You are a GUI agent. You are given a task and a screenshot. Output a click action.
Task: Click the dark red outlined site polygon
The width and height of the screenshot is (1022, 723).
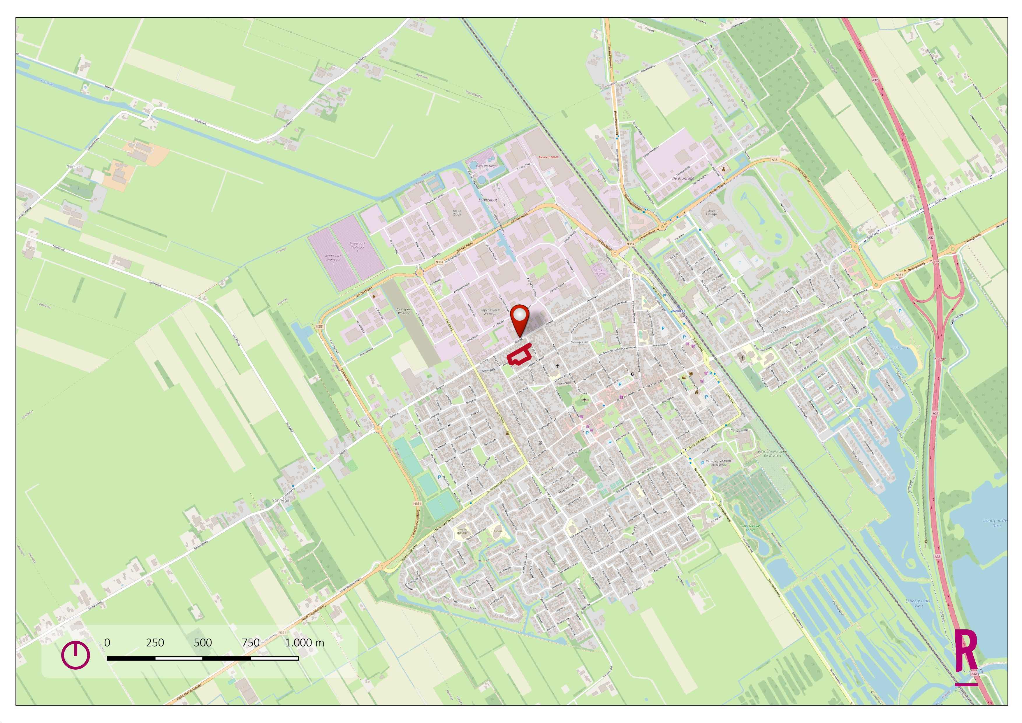coord(520,355)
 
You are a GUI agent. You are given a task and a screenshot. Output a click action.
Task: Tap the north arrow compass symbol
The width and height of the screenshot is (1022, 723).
coord(75,654)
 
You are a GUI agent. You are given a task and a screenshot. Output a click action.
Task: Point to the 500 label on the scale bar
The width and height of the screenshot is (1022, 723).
coord(203,643)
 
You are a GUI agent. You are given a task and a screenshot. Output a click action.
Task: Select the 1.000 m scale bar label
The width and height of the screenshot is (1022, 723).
coord(305,643)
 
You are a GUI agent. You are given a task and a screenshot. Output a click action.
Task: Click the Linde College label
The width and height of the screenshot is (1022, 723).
coord(711,212)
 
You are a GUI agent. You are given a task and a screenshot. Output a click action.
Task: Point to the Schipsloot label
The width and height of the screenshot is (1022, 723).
coord(488,200)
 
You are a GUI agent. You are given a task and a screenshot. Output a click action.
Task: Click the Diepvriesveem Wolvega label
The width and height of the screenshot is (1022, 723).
coord(490,312)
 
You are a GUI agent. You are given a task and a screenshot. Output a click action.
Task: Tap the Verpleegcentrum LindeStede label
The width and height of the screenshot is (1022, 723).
coord(718,463)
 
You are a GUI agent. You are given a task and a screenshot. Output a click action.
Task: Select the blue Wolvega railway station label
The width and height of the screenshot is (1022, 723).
coord(678,311)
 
